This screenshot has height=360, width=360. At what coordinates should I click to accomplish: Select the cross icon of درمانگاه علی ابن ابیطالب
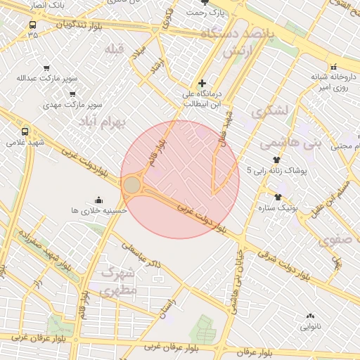(202, 84)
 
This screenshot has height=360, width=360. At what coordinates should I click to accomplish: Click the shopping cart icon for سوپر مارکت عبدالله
(46, 68)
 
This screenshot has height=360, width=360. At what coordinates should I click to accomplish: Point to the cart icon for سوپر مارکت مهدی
(72, 94)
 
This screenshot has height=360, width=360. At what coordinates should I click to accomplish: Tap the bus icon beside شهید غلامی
(26, 131)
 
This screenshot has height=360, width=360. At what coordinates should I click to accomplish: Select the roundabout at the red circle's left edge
(132, 186)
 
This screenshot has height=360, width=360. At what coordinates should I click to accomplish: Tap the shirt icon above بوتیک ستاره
(278, 197)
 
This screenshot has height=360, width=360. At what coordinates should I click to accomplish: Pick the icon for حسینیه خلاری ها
(98, 199)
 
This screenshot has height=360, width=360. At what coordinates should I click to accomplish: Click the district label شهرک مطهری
(117, 281)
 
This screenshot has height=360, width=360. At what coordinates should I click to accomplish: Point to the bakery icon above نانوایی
(310, 316)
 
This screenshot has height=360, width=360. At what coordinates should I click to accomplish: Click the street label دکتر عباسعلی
(141, 255)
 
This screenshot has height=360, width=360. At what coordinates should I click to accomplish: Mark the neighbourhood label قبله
(113, 49)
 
